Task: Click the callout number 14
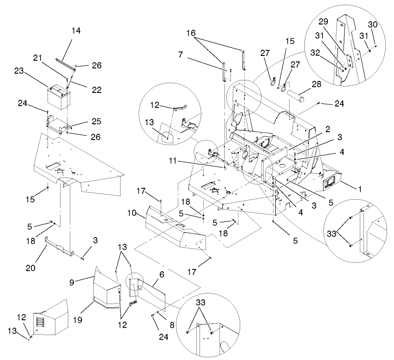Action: point(76,31)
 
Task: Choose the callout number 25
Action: point(83,122)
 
